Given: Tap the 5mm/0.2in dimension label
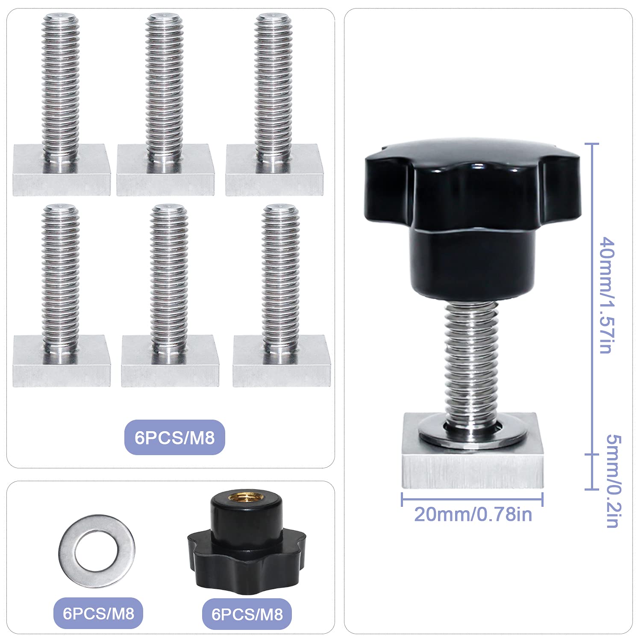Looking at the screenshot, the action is click(x=614, y=481).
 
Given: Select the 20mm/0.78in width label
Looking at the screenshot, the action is click(x=473, y=514).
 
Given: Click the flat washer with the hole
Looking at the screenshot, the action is click(x=97, y=551).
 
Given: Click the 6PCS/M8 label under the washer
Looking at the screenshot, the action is click(x=98, y=613).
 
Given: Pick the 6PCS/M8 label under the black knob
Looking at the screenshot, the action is click(x=247, y=614).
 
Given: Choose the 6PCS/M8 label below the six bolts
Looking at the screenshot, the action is click(x=174, y=438).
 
